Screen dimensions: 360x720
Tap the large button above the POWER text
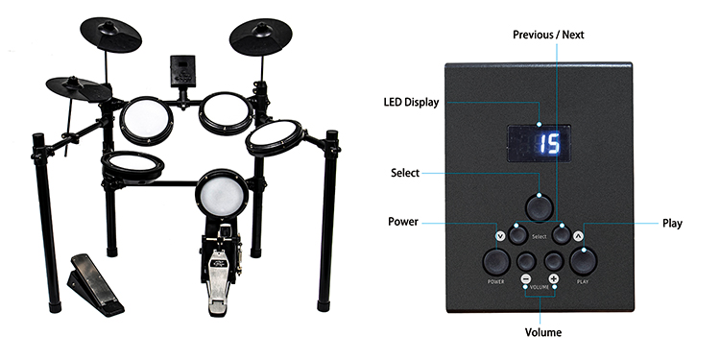pos(495,259)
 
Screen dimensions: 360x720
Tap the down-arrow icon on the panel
pos(498,234)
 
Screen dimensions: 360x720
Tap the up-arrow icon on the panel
pos(578,234)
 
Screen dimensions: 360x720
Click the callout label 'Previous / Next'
pos(547,36)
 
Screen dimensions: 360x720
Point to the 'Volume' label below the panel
pos(542,332)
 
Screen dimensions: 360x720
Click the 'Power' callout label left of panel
pos(402,222)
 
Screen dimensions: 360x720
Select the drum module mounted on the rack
pos(180,72)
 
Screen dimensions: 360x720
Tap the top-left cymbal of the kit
pos(108,36)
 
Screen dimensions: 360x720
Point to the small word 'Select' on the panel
pos(539,236)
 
